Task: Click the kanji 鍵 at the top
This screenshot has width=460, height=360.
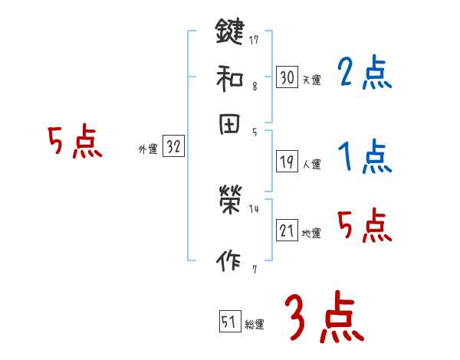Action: click(x=230, y=32)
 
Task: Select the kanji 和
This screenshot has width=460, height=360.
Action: click(x=230, y=77)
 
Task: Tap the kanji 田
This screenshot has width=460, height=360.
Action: click(x=230, y=124)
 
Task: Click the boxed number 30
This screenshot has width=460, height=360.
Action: click(x=287, y=77)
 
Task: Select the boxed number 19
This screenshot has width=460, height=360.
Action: click(x=287, y=162)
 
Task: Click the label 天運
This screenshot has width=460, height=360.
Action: click(x=310, y=80)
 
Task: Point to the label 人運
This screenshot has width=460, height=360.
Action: click(x=311, y=164)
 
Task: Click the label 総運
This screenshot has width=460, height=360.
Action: click(x=255, y=325)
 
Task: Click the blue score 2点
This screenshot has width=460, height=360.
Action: click(x=364, y=74)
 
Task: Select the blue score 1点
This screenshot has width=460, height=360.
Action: click(x=365, y=158)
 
